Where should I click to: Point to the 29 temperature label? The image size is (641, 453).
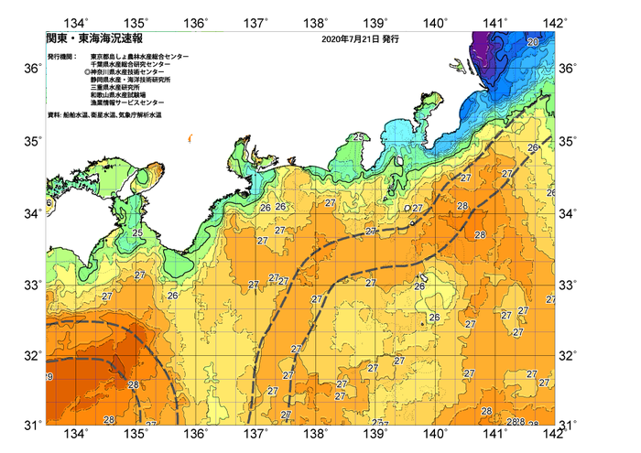48,377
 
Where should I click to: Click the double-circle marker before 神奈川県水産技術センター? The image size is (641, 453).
87,73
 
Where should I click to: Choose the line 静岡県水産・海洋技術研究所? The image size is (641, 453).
134,81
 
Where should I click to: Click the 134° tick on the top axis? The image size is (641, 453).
79,21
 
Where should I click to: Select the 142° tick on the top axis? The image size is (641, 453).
555,21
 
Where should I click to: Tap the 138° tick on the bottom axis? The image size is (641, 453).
317,433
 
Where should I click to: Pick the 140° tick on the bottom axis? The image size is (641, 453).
436,433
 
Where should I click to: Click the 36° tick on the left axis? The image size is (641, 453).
31,69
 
